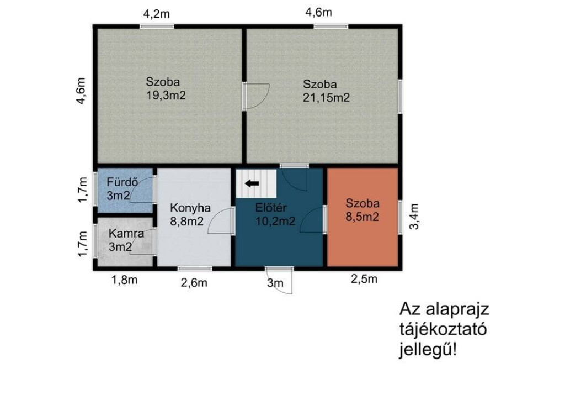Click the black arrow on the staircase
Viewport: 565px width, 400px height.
tap(252, 183)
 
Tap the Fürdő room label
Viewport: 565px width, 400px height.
tap(122, 182)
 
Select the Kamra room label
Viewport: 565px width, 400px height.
tap(126, 233)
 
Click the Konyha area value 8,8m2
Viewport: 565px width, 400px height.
tap(186, 221)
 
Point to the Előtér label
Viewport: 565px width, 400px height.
tap(271, 208)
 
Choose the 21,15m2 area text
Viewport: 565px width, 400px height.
tap(326, 97)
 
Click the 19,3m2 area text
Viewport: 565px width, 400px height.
tap(166, 95)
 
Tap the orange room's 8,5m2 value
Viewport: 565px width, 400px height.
tap(362, 217)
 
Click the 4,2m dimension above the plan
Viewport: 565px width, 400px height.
tap(156, 14)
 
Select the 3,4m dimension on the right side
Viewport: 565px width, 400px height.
tap(414, 217)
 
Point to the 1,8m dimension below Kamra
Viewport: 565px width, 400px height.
tap(124, 280)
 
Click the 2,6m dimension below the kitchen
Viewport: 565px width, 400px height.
tap(194, 283)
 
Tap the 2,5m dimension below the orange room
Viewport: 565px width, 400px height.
tap(364, 279)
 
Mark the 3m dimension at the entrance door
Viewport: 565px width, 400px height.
tap(275, 283)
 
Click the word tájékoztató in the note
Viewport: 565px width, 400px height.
tap(443, 330)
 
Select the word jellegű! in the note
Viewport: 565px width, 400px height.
tap(428, 350)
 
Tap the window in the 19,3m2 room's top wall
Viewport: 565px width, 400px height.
tap(157, 27)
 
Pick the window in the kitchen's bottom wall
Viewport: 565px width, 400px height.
tap(195, 269)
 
